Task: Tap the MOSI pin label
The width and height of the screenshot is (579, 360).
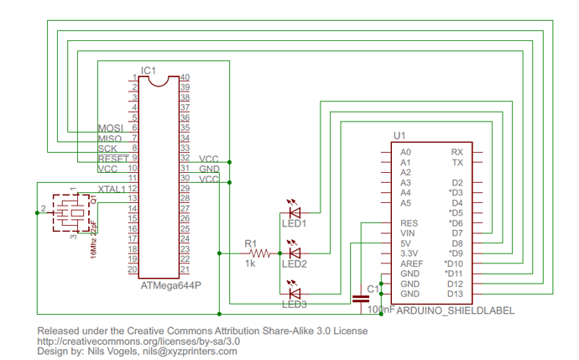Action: click(x=110, y=128)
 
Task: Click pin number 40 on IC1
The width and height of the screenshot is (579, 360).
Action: click(x=185, y=77)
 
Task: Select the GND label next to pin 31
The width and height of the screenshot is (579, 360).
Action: click(x=209, y=169)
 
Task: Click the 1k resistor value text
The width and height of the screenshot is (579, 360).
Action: click(x=250, y=264)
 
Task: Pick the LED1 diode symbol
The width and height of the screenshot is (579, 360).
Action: click(x=295, y=212)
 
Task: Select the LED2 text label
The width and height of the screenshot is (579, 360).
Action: click(x=295, y=264)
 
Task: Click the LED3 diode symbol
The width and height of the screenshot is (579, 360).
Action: click(x=295, y=293)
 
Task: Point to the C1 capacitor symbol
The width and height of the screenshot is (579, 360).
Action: click(x=363, y=296)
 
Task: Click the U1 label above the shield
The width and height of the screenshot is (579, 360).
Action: click(x=399, y=136)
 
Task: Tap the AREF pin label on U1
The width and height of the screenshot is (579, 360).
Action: click(x=411, y=263)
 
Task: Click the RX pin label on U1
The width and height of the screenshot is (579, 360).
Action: click(x=457, y=151)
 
